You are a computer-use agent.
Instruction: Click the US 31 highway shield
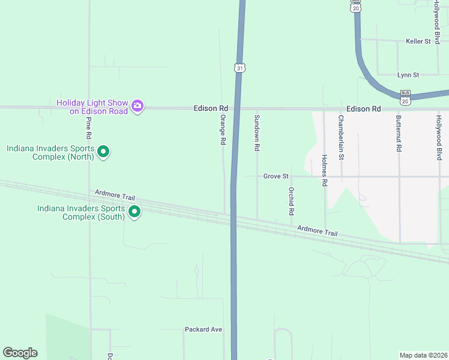point(240,68)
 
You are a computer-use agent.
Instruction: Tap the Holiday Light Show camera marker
point(137,106)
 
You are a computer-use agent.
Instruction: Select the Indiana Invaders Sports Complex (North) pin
point(103,152)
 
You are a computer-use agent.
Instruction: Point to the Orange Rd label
point(222,130)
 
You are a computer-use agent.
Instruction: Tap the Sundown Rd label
point(257,132)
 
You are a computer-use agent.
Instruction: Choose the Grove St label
point(276,176)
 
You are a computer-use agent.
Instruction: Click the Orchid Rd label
point(291,201)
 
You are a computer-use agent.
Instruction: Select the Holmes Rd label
point(324,172)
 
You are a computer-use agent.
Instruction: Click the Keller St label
point(418,41)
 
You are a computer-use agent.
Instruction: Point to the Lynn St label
point(408,75)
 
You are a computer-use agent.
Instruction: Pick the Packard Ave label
point(203,329)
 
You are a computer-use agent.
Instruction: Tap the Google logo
point(20,353)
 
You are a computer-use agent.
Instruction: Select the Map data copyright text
point(423,355)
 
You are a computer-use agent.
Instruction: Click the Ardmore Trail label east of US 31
point(318,230)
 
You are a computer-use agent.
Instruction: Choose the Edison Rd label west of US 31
point(211,109)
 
